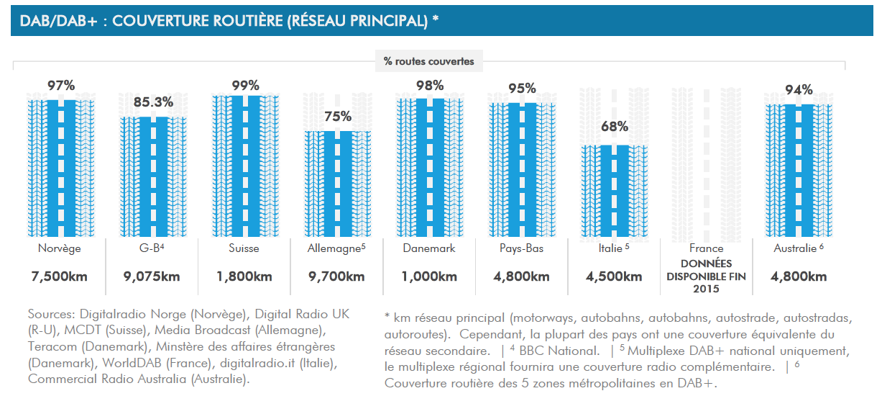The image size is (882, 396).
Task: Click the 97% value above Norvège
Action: [x=61, y=86]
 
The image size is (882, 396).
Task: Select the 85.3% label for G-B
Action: [x=153, y=102]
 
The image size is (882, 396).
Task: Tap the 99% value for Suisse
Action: [x=245, y=85]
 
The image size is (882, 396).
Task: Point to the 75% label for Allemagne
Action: [x=337, y=117]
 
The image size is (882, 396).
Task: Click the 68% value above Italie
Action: [x=614, y=127]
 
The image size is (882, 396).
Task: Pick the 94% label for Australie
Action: [x=799, y=90]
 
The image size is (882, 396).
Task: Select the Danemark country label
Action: [x=429, y=248]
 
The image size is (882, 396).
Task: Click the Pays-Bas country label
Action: [x=521, y=248]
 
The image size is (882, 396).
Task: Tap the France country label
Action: [x=706, y=248]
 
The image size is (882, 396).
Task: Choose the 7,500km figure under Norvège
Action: [x=61, y=276]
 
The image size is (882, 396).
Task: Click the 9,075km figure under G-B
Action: [x=153, y=276]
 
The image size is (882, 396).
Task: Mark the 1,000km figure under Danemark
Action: [x=429, y=276]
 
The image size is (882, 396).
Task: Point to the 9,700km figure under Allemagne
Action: [x=337, y=276]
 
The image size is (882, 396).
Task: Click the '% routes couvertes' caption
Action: [x=429, y=61]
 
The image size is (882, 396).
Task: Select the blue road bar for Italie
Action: [x=614, y=191]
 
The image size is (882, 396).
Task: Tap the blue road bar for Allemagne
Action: [x=337, y=184]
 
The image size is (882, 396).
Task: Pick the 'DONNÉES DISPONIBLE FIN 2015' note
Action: [x=706, y=276]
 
